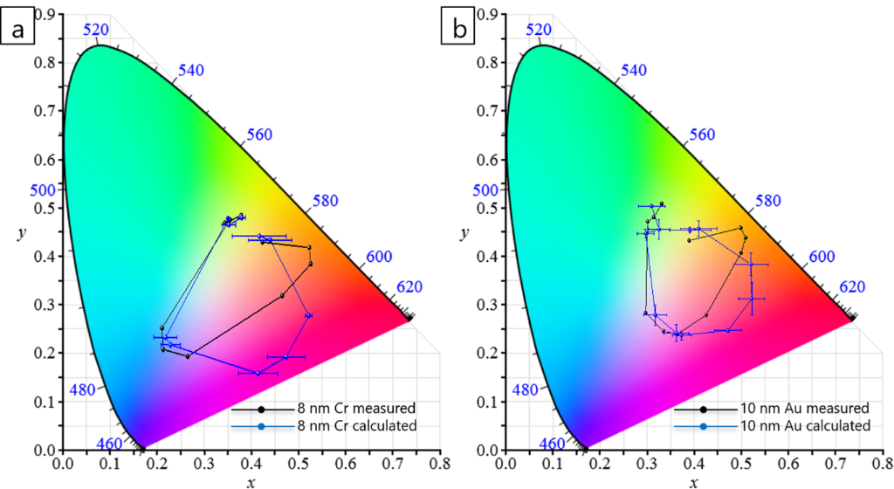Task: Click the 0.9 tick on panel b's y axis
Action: pos(489,14)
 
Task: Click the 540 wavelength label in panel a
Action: pos(192,70)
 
